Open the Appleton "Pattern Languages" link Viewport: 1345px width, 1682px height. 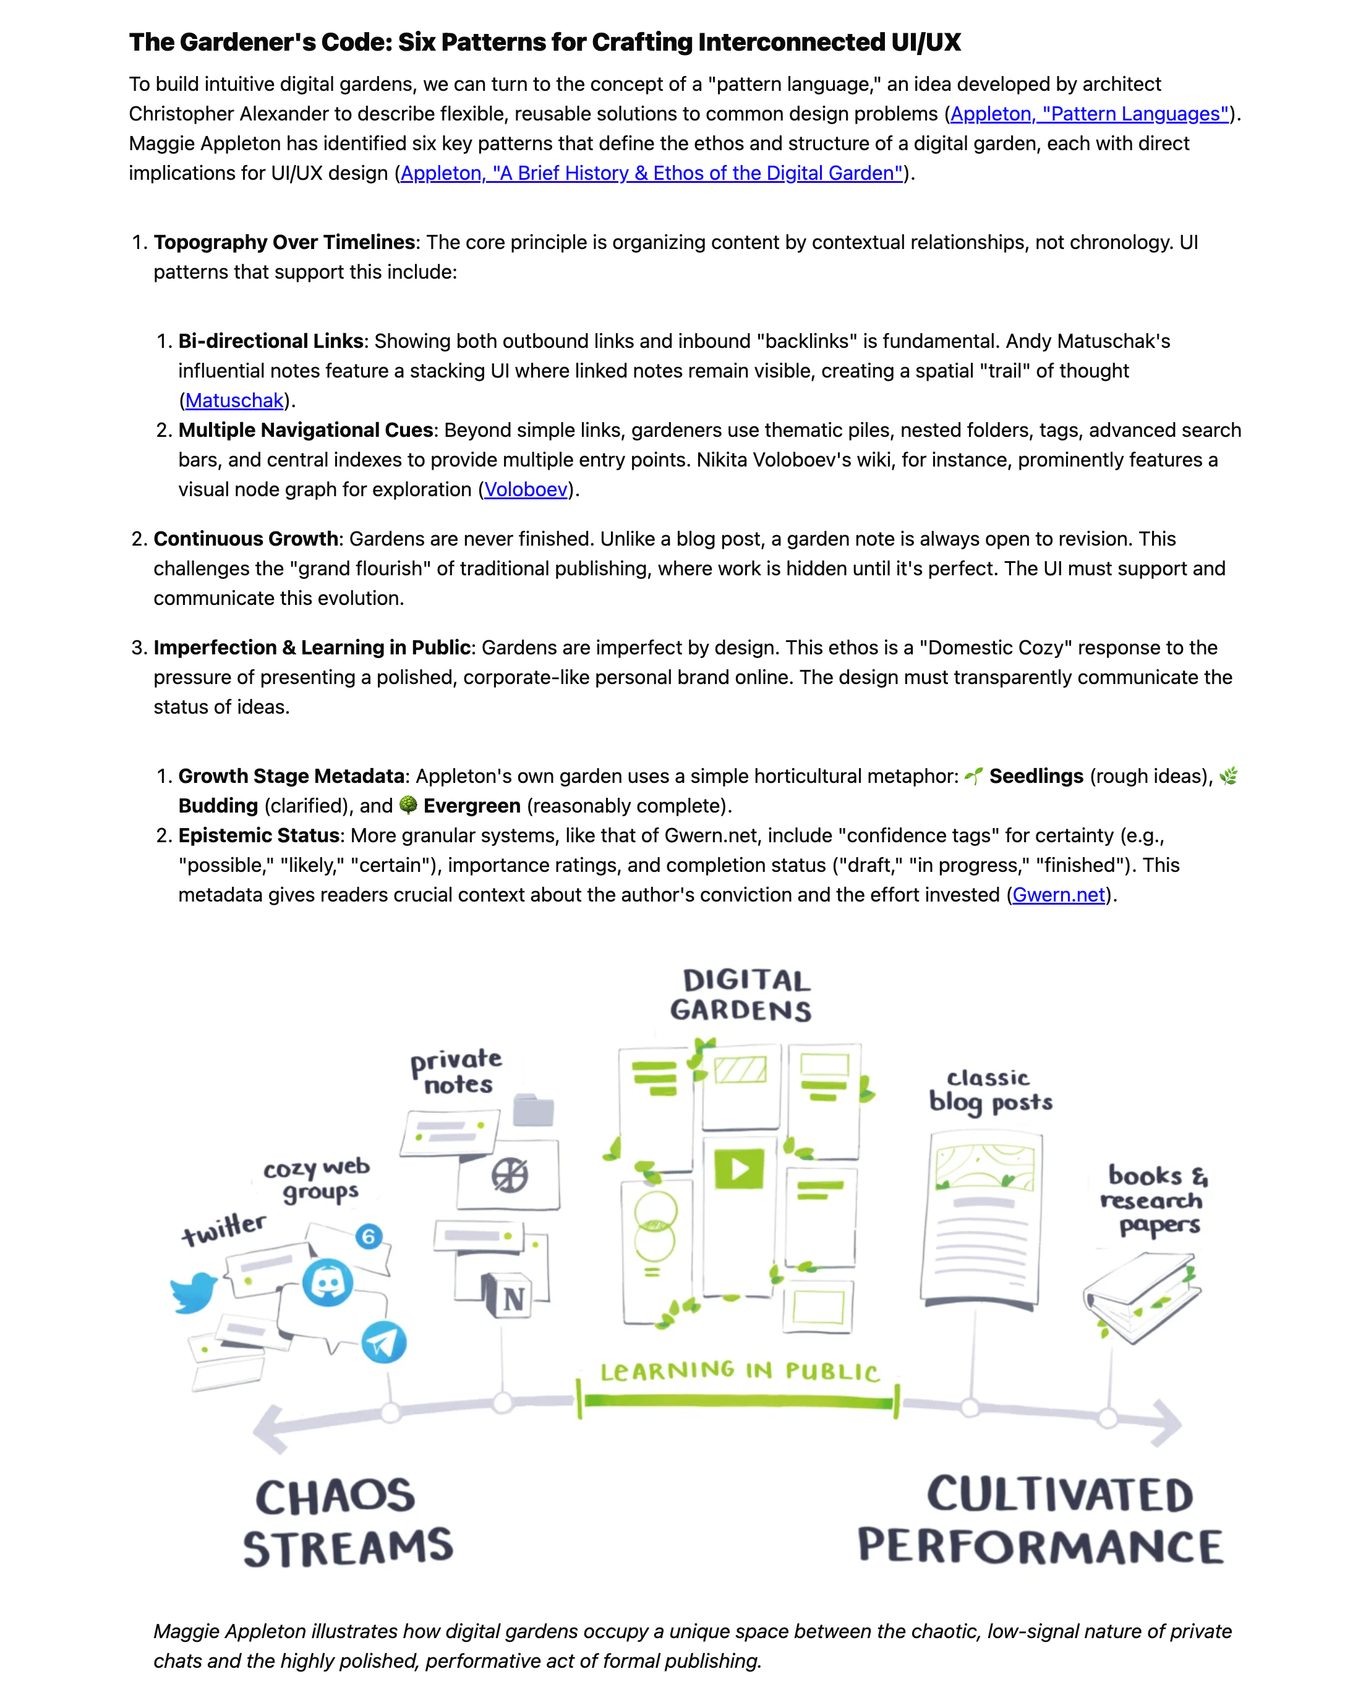[x=1088, y=114]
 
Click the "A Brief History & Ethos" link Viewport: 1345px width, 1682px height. [x=651, y=173]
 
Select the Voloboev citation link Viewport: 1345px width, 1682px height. [x=526, y=489]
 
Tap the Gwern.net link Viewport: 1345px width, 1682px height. [x=1057, y=895]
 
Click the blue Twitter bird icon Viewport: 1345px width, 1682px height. [x=193, y=1292]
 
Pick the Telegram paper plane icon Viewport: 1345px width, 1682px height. [x=383, y=1342]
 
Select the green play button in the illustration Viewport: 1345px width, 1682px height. [x=738, y=1169]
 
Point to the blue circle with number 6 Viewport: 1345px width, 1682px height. [x=369, y=1236]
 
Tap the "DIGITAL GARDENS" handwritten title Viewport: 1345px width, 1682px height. [x=741, y=995]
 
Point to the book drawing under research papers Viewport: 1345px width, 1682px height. [x=1142, y=1296]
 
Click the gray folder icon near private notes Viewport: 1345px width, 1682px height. [x=533, y=1109]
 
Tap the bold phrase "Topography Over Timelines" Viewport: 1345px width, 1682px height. [x=284, y=243]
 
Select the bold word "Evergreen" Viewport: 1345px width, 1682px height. [x=471, y=806]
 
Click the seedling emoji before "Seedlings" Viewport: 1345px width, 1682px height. [x=973, y=776]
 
